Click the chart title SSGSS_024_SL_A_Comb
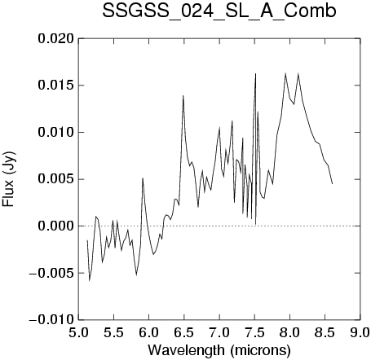pyautogui.click(x=219, y=11)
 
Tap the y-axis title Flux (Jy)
pyautogui.click(x=9, y=179)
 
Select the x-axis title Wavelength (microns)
pyautogui.click(x=219, y=350)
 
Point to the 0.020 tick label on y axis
pyautogui.click(x=55, y=39)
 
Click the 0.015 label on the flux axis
pyautogui.click(x=55, y=86)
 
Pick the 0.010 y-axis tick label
pyautogui.click(x=55, y=133)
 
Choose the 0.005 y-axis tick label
pyautogui.click(x=55, y=179)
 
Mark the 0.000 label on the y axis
pyautogui.click(x=55, y=226)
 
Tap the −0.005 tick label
pyautogui.click(x=51, y=273)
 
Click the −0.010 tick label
pyautogui.click(x=51, y=319)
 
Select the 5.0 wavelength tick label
pyautogui.click(x=78, y=332)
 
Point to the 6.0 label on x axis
pyautogui.click(x=149, y=332)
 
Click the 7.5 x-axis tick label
pyautogui.click(x=254, y=332)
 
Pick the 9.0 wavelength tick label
pyautogui.click(x=360, y=332)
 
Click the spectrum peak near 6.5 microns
pyautogui.click(x=183, y=95)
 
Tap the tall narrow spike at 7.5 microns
pyautogui.click(x=255, y=73)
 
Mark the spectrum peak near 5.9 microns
pyautogui.click(x=143, y=178)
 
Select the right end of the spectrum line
pyautogui.click(x=332, y=184)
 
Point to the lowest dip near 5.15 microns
pyautogui.click(x=90, y=281)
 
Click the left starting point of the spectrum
pyautogui.click(x=87, y=240)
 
